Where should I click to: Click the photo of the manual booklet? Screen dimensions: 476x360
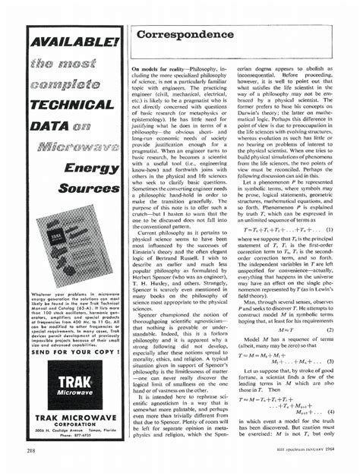coord(77,244)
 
